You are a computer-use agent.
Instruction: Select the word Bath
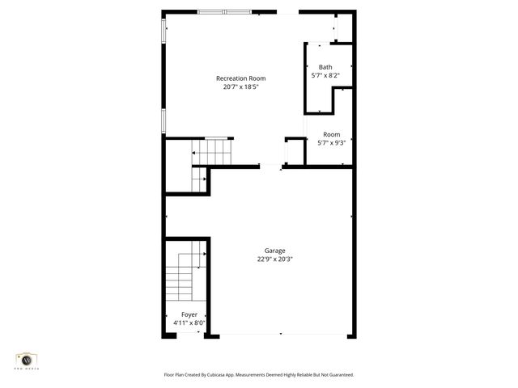(x=325, y=67)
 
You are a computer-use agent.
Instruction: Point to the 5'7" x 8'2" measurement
(x=325, y=76)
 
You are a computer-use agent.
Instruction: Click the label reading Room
(x=331, y=134)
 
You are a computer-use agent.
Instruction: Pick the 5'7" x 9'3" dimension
(x=331, y=143)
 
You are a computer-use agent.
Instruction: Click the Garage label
(x=274, y=251)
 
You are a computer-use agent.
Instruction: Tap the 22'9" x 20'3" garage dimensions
(x=274, y=259)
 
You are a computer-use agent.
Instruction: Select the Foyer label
(x=189, y=314)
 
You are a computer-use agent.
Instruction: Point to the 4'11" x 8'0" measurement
(x=189, y=323)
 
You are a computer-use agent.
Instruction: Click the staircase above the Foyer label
(x=183, y=278)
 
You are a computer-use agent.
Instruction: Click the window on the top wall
(x=224, y=12)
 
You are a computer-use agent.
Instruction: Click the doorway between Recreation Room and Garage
(x=270, y=167)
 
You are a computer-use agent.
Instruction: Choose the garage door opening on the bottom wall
(x=279, y=335)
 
